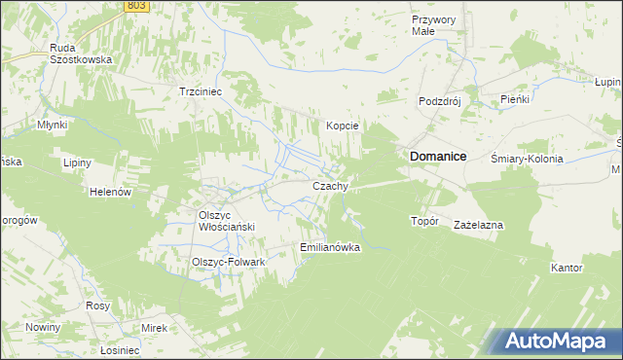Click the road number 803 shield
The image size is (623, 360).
(x=137, y=6)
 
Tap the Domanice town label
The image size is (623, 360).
(x=437, y=156)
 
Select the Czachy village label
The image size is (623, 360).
(x=329, y=186)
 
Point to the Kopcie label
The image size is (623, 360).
(x=343, y=126)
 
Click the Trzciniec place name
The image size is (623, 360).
(x=202, y=91)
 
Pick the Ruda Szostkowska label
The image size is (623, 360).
(x=82, y=52)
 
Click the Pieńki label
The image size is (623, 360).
(x=513, y=99)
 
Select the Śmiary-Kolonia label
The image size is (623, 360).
(x=528, y=159)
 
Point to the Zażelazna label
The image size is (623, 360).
(x=478, y=225)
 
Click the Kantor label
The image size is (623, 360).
(x=567, y=268)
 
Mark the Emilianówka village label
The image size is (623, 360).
(x=331, y=247)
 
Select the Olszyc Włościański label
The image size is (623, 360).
(x=226, y=221)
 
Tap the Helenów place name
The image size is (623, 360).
(x=110, y=193)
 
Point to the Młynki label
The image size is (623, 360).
(x=51, y=125)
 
